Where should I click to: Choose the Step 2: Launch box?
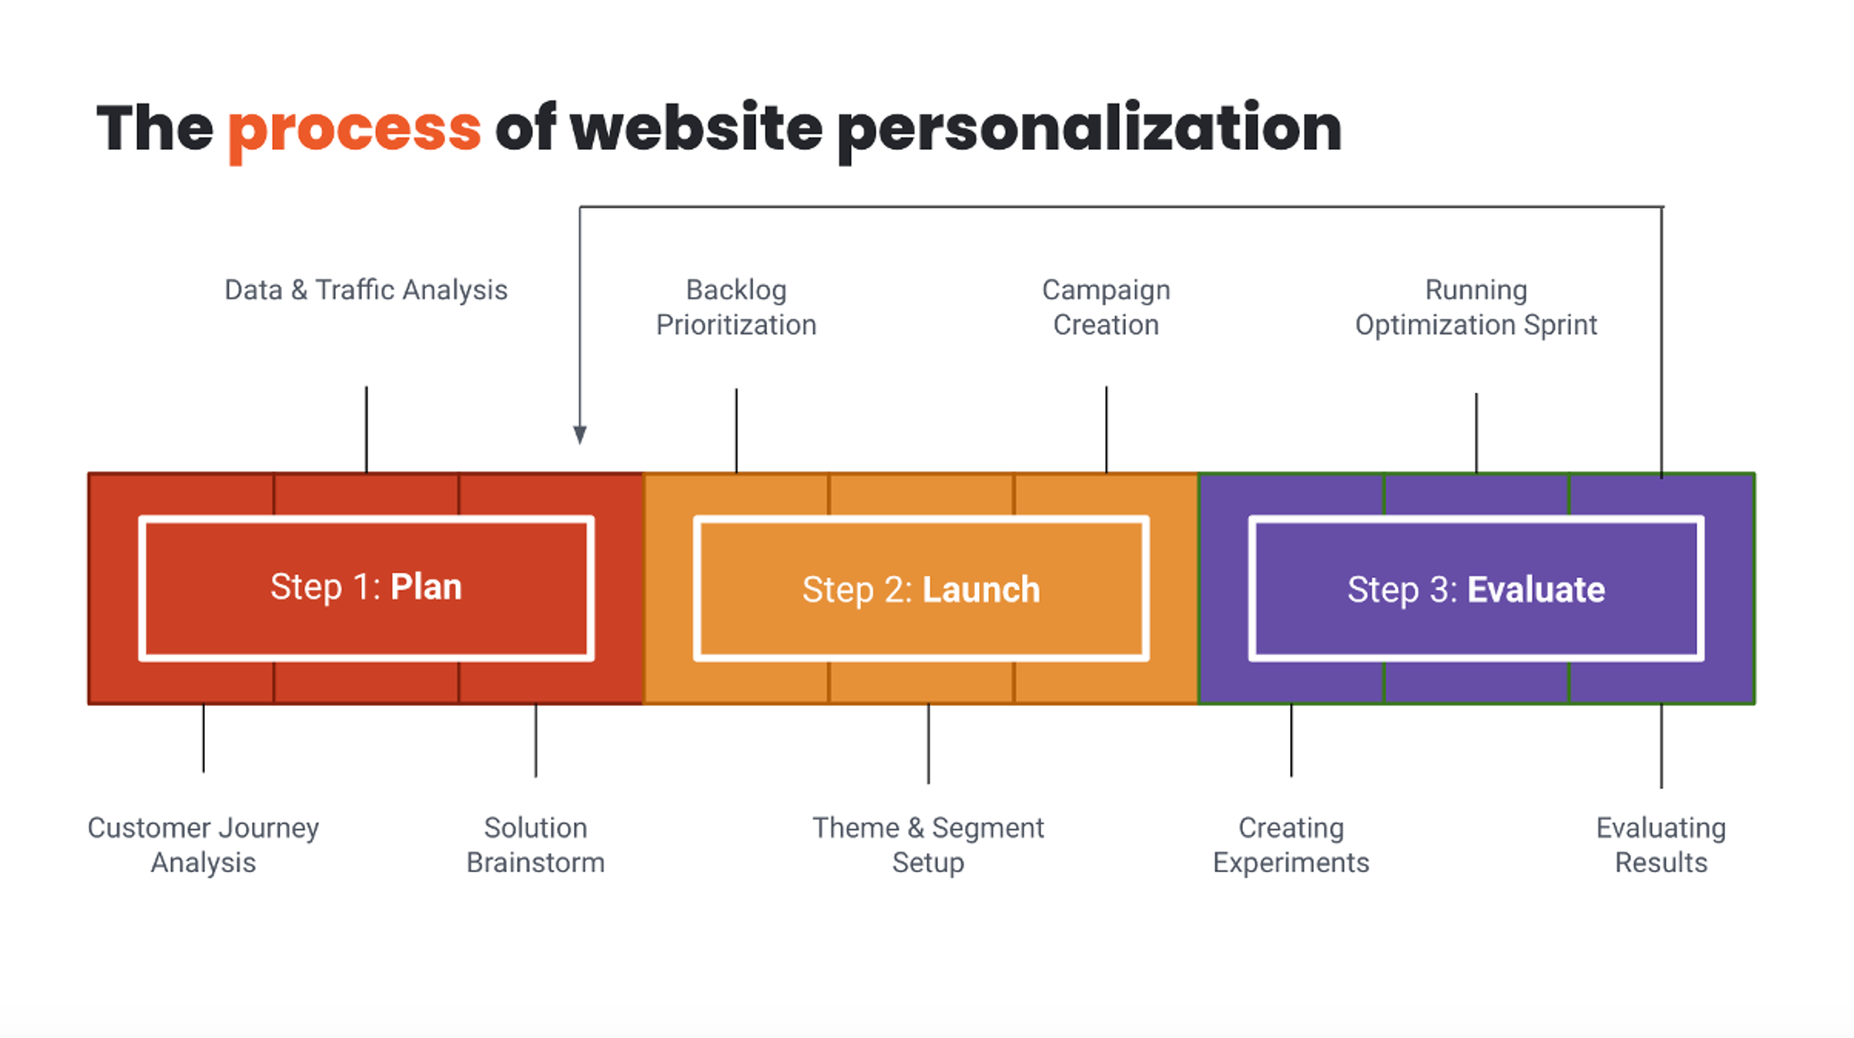coord(921,589)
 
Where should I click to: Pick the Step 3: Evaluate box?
coord(1475,589)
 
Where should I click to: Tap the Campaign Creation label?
coord(1106,308)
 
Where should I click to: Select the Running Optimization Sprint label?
coord(1475,308)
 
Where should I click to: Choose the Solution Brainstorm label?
coord(535,845)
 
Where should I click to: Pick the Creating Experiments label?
coord(1291,845)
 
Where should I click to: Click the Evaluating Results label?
coord(1660,845)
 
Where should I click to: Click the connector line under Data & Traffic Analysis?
coord(366,429)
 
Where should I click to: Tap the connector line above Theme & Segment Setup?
coord(928,743)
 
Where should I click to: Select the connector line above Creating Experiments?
coord(1291,740)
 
